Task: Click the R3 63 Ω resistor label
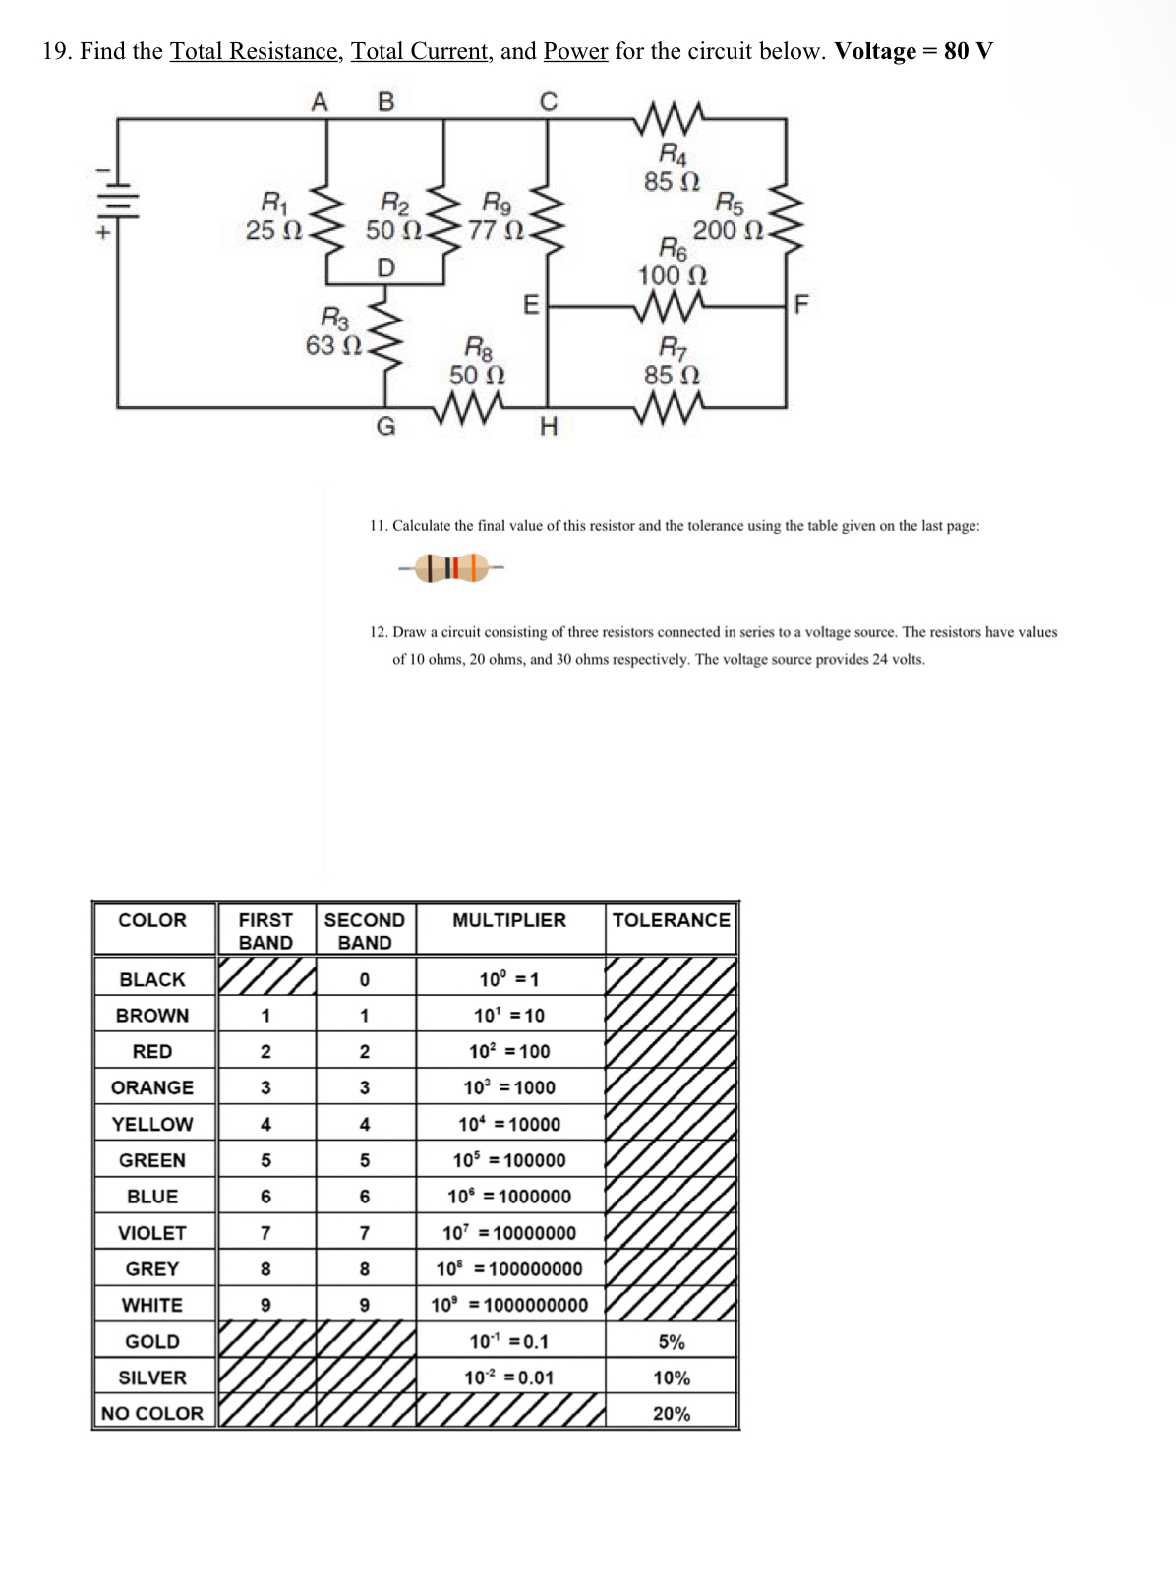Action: pyautogui.click(x=334, y=332)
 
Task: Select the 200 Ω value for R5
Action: pyautogui.click(x=729, y=231)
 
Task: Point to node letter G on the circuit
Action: pyautogui.click(x=386, y=427)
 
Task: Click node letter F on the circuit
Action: pyautogui.click(x=800, y=304)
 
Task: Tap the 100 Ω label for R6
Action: pyautogui.click(x=673, y=276)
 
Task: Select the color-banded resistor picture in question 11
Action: pyautogui.click(x=451, y=567)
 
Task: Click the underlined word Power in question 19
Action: pyautogui.click(x=575, y=51)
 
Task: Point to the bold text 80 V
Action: pyautogui.click(x=968, y=51)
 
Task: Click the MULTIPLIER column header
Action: pyautogui.click(x=509, y=920)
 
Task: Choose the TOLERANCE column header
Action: pyautogui.click(x=671, y=920)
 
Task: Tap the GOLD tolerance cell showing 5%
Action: pyautogui.click(x=672, y=1342)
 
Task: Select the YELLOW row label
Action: pyautogui.click(x=152, y=1124)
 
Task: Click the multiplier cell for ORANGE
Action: pyautogui.click(x=509, y=1087)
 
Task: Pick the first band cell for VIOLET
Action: pyautogui.click(x=265, y=1233)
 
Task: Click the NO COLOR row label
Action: pyautogui.click(x=152, y=1413)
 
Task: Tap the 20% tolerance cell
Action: pyautogui.click(x=672, y=1413)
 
